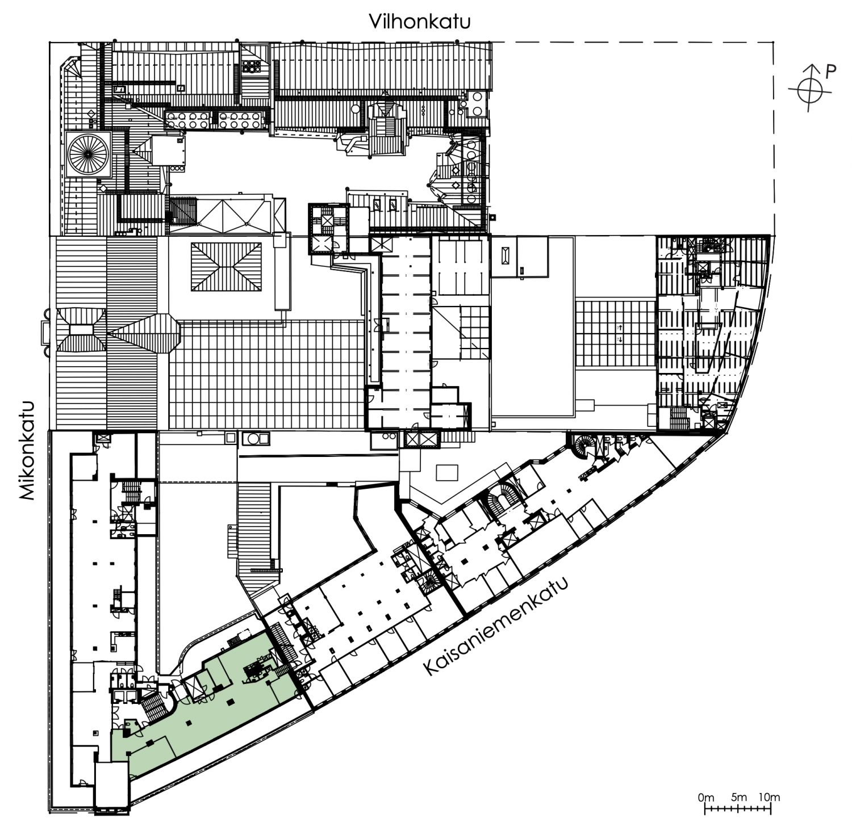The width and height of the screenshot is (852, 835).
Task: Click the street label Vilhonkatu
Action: [420, 22]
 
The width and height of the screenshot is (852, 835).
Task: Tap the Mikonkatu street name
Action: [27, 451]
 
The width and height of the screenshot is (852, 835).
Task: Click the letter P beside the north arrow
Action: [830, 72]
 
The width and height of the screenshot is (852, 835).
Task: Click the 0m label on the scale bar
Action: [706, 798]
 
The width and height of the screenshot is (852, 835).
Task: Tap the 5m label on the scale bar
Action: [739, 798]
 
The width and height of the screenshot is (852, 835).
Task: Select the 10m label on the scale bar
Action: [769, 798]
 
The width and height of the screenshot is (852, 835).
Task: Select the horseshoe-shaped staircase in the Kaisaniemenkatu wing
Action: [502, 500]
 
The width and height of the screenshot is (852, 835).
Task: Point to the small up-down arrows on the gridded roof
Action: [620, 333]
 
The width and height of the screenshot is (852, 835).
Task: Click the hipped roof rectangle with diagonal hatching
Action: [226, 267]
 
